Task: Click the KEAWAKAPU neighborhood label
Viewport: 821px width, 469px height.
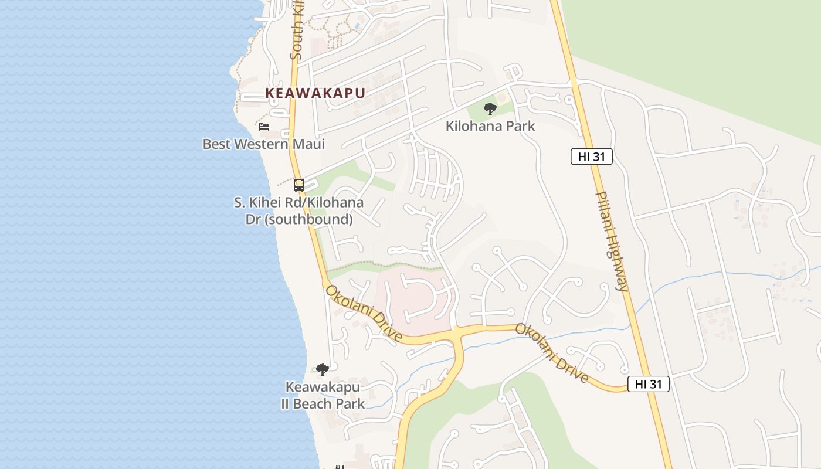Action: [x=315, y=93]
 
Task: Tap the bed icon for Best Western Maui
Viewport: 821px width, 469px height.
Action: [x=264, y=126]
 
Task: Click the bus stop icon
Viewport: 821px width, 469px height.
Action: [x=299, y=185]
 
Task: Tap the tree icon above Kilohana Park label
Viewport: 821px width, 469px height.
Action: [x=490, y=108]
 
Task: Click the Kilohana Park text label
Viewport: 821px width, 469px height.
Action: [x=490, y=126]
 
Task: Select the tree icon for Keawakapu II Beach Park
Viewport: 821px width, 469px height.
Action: [x=322, y=369]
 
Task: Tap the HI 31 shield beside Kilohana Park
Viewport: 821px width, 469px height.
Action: [x=591, y=157]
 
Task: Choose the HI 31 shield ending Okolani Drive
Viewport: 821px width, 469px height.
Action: [x=648, y=384]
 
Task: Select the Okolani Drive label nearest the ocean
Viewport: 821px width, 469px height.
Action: [x=364, y=314]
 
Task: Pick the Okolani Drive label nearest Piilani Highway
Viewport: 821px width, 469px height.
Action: [x=552, y=352]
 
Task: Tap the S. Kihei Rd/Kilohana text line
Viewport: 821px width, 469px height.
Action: [x=299, y=203]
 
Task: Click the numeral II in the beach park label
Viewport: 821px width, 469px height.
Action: [x=287, y=404]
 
